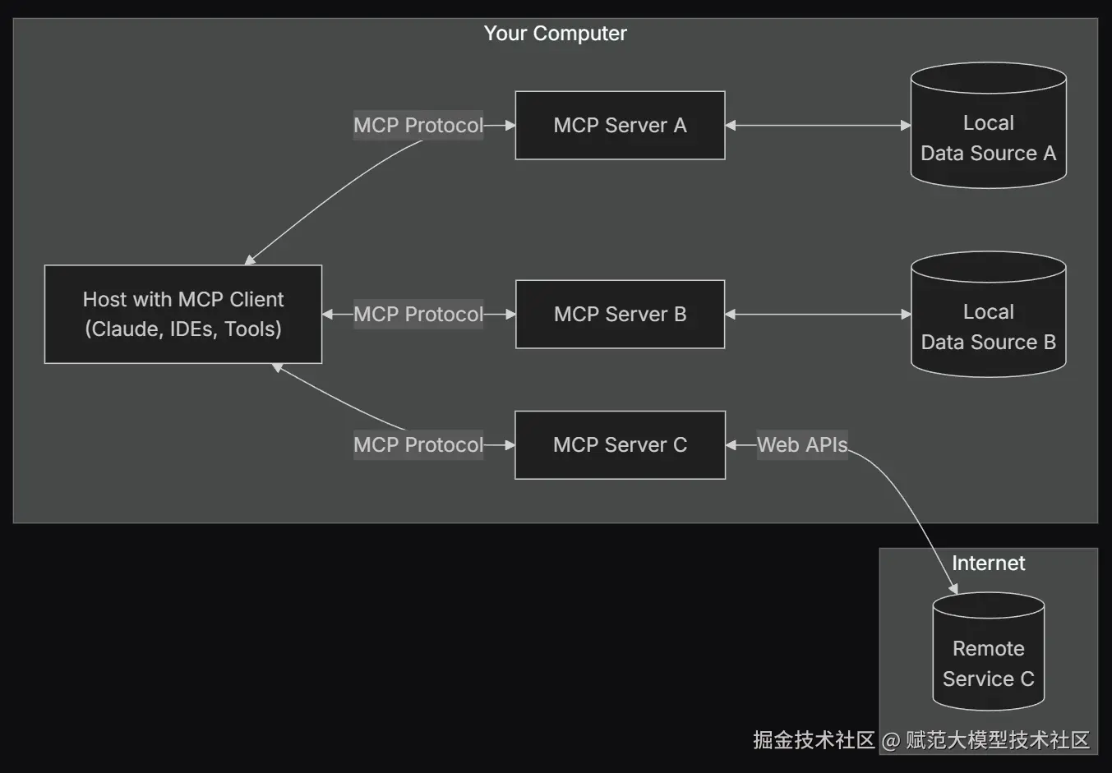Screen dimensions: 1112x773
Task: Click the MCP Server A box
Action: click(x=620, y=125)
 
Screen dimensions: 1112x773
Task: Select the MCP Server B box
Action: click(x=620, y=314)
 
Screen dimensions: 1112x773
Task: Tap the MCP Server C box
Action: click(x=620, y=444)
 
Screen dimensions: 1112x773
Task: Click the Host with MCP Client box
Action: click(x=183, y=314)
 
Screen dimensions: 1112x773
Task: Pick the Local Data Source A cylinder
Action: click(x=989, y=125)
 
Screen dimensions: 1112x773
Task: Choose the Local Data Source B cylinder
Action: click(x=989, y=314)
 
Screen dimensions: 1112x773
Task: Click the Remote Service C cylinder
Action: click(x=989, y=651)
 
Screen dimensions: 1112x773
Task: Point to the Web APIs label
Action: click(x=802, y=444)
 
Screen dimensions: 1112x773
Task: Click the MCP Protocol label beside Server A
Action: click(x=418, y=125)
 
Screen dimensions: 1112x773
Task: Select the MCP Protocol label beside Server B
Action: click(x=418, y=314)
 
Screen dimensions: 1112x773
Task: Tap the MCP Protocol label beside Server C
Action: click(x=418, y=444)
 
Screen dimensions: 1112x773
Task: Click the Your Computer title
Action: click(x=555, y=34)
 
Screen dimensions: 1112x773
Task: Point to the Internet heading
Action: click(x=989, y=564)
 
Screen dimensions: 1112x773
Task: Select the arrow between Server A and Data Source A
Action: click(x=818, y=125)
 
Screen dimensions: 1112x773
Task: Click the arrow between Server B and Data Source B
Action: click(x=818, y=314)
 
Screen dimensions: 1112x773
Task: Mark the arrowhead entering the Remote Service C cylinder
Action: click(x=953, y=589)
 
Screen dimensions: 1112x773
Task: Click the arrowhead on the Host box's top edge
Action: click(x=250, y=260)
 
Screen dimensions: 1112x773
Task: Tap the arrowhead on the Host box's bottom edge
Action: click(x=277, y=368)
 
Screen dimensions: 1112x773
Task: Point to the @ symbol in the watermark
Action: click(x=891, y=741)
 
